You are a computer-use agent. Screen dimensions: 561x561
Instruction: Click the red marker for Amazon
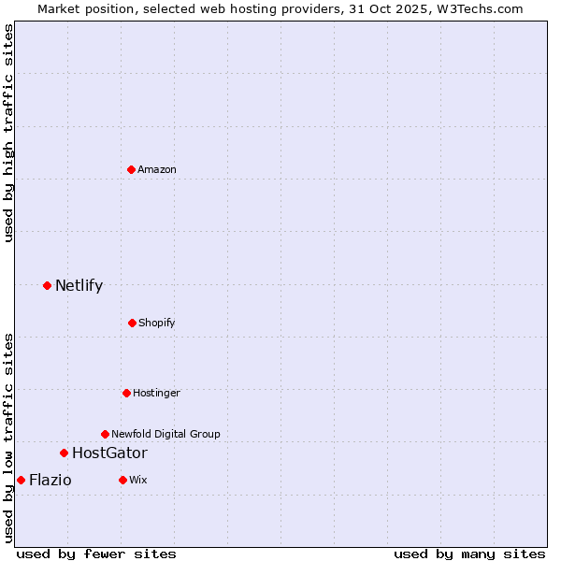(x=131, y=169)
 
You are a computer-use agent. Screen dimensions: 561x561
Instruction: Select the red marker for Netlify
(x=47, y=285)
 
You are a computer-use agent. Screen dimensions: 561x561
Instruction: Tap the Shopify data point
(x=132, y=323)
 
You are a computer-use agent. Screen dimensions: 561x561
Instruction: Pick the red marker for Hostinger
(x=126, y=393)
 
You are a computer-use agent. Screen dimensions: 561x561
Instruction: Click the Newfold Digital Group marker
(x=105, y=434)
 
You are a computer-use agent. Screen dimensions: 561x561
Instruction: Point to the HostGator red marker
(x=64, y=453)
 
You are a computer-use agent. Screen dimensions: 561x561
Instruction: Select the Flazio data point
(x=21, y=480)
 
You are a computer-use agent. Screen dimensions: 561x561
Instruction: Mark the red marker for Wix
(x=122, y=480)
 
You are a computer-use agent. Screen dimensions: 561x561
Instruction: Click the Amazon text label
(x=157, y=169)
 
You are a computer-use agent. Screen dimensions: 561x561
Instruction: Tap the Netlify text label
(x=79, y=285)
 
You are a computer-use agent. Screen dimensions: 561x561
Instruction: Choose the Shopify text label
(x=157, y=323)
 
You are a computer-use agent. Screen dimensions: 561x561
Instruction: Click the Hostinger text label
(x=156, y=393)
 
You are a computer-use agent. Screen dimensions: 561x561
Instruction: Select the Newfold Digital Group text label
(x=165, y=434)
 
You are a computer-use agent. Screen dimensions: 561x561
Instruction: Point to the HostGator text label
(x=109, y=453)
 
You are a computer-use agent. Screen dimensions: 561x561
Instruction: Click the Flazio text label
(x=50, y=480)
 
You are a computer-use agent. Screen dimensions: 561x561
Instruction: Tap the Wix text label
(x=138, y=480)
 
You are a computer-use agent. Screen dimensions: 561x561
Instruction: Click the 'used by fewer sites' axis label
(x=96, y=554)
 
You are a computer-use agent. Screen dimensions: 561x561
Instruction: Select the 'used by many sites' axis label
(x=469, y=554)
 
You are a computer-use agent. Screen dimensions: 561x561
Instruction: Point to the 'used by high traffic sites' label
(x=8, y=133)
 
